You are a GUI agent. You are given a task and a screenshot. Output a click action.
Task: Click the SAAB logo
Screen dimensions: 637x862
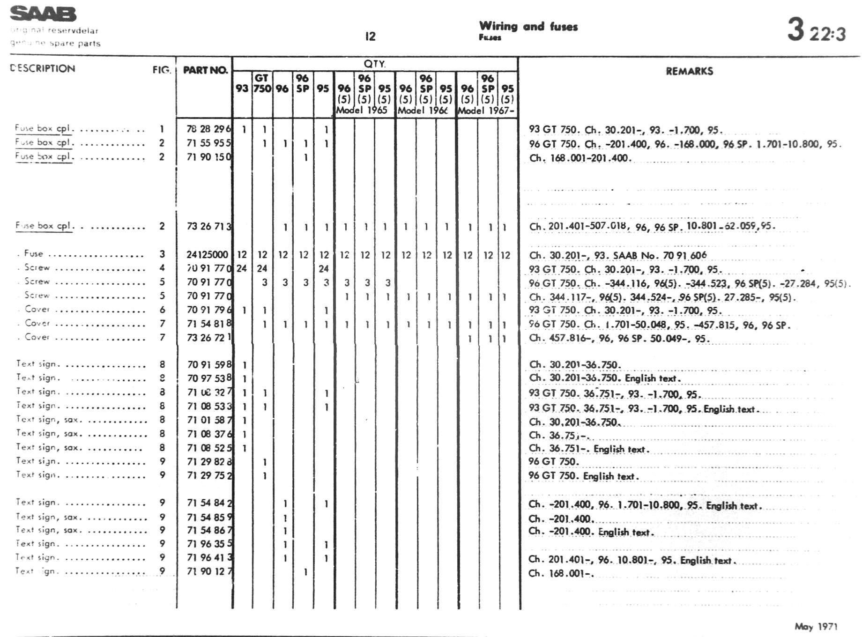tap(43, 14)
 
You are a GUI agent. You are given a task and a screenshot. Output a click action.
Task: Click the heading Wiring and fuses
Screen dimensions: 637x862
tap(528, 27)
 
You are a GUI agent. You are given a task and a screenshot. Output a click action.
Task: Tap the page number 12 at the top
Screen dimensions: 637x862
tap(370, 36)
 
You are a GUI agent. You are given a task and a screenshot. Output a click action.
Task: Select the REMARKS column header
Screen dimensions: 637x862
tap(689, 71)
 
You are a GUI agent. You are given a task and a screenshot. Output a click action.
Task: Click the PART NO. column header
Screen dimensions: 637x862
tap(205, 70)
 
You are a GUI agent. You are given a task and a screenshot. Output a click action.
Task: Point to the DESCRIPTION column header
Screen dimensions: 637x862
tap(43, 68)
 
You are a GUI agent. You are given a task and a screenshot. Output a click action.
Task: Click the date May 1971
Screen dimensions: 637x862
tap(816, 626)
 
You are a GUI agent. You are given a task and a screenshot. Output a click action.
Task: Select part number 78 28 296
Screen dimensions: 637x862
tap(208, 129)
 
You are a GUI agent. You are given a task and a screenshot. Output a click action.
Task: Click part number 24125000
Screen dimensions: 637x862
tap(207, 255)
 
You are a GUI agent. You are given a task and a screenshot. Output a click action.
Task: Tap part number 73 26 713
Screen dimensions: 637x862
tap(208, 227)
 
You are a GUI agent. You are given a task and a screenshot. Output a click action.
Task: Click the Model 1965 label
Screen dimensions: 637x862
tap(362, 111)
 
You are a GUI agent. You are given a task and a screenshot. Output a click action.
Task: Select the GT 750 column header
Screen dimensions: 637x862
tap(262, 83)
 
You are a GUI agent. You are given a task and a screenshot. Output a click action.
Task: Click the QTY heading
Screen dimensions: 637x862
tap(374, 64)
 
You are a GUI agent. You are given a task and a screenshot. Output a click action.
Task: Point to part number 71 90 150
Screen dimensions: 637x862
tap(208, 157)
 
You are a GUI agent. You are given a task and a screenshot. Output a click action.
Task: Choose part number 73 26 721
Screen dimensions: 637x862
tap(208, 338)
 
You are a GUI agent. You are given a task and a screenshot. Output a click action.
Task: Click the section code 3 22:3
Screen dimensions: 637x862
tap(816, 30)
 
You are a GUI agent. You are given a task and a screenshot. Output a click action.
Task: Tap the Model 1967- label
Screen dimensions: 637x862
tap(486, 111)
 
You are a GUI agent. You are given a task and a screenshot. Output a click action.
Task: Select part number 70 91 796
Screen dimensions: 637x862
tap(208, 310)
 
